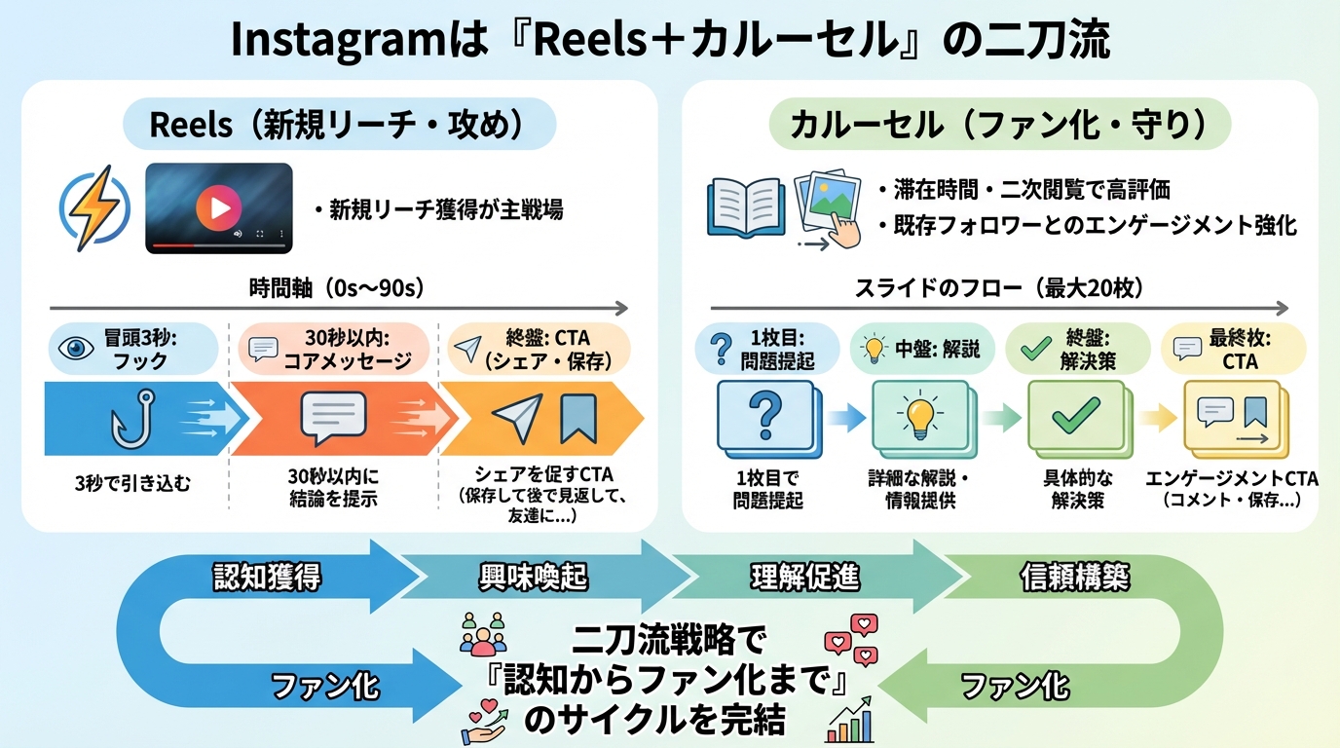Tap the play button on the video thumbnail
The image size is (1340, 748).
coord(219,207)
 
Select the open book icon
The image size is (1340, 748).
coord(745,207)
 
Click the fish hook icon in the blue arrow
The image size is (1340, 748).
coord(132,419)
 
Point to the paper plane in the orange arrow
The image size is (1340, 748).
coord(518,417)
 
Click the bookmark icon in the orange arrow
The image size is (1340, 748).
coord(578,418)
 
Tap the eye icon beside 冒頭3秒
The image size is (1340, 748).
coord(76,348)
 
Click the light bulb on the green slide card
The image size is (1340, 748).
coord(920,416)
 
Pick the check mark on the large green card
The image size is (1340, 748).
coord(1075,415)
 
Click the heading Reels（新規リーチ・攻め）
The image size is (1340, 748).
coord(339,125)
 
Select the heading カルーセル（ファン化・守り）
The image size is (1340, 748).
coord(999,125)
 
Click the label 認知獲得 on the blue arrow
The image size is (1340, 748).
coord(268,577)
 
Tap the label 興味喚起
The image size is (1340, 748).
coord(533,577)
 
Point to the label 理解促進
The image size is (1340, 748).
coord(805,577)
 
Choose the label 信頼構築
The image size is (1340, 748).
coord(1074,577)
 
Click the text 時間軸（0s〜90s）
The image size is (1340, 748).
coord(338,288)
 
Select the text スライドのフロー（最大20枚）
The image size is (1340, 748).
coord(999,288)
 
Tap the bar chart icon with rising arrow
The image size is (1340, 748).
coord(849,720)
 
